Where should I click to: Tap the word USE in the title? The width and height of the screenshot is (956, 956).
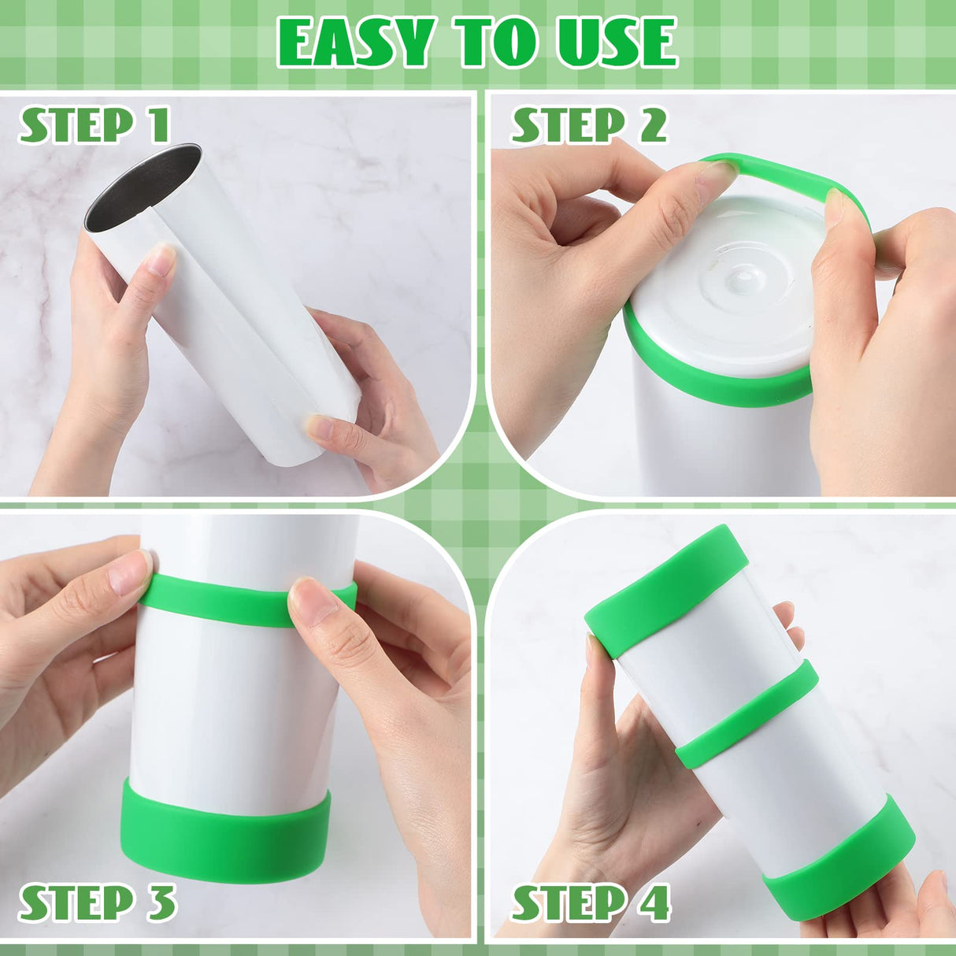coord(617,43)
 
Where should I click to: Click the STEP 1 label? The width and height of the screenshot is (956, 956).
coord(94,126)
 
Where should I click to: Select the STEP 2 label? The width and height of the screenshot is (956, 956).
coord(589,126)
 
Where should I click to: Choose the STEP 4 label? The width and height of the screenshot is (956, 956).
coord(591,902)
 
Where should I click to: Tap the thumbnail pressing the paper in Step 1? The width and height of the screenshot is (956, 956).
coord(161,260)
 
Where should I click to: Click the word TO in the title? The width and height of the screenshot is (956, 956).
coord(496,43)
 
